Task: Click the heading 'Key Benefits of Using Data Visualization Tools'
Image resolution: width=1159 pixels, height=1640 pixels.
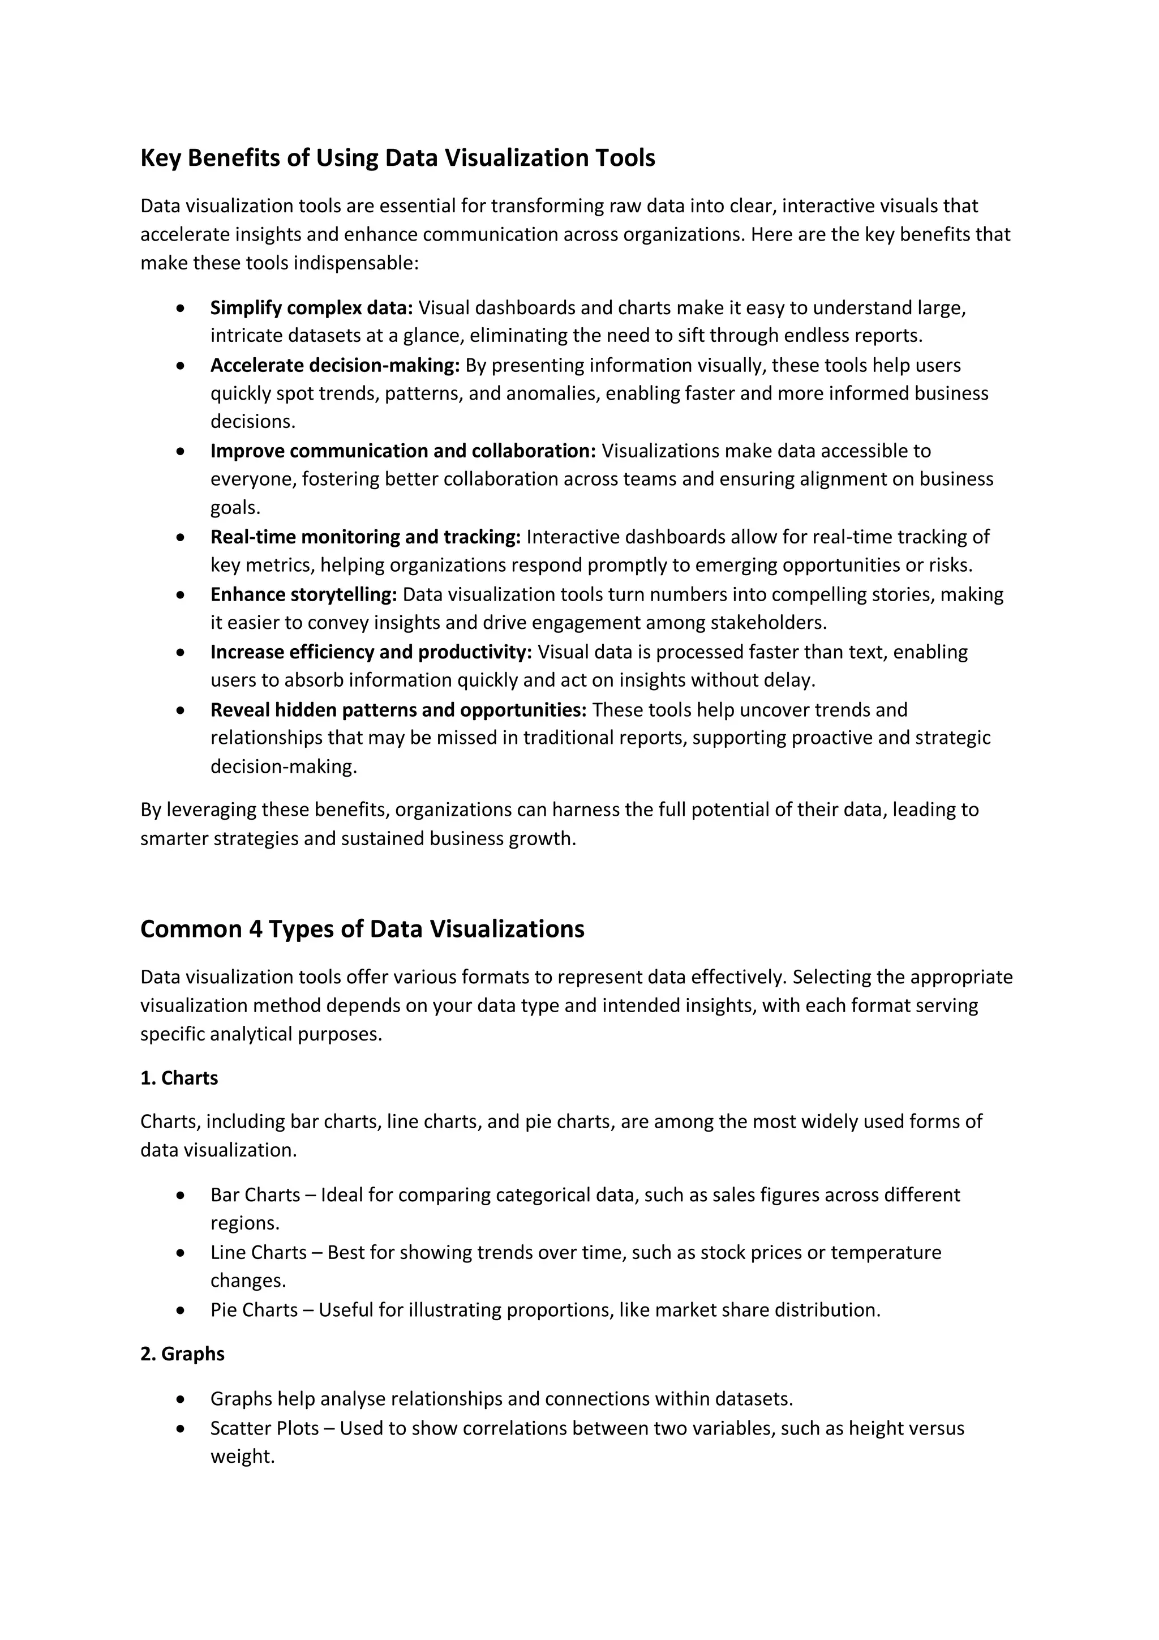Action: click(x=397, y=158)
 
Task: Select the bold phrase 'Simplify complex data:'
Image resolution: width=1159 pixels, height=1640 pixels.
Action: click(x=311, y=308)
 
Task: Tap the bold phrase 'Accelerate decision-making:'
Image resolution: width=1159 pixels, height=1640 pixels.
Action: click(x=335, y=366)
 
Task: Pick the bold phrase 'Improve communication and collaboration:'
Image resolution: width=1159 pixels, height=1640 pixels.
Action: click(x=403, y=451)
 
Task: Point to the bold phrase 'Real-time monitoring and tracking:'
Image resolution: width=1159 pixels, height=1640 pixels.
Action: click(x=366, y=537)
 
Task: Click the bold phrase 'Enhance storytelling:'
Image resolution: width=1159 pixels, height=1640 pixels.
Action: click(x=303, y=594)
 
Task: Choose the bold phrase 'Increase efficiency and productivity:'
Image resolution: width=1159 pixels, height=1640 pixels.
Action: click(x=371, y=652)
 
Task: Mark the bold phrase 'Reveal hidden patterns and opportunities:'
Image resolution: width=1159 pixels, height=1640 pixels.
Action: click(x=398, y=710)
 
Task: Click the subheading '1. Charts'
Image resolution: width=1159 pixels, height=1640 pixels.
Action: click(x=179, y=1078)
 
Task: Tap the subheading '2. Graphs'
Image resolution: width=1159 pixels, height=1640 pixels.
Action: click(x=182, y=1354)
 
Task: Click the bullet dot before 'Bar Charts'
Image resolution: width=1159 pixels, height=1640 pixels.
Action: click(x=182, y=1195)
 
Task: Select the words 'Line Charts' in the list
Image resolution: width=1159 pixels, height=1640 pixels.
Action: click(x=259, y=1252)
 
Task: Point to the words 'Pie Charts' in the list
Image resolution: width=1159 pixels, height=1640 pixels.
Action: click(x=254, y=1310)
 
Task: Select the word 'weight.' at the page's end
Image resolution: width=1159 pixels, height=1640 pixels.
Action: click(x=243, y=1457)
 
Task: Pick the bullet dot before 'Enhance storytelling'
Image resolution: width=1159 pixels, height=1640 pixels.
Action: click(x=182, y=594)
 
